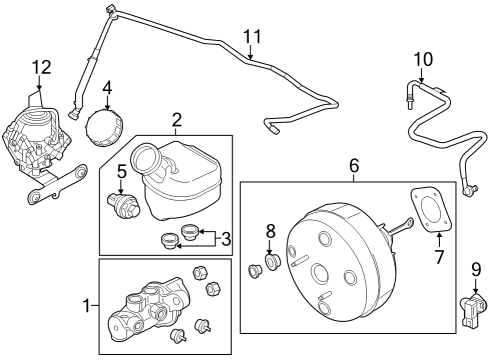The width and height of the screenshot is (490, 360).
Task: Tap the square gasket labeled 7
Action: pos(430,212)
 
